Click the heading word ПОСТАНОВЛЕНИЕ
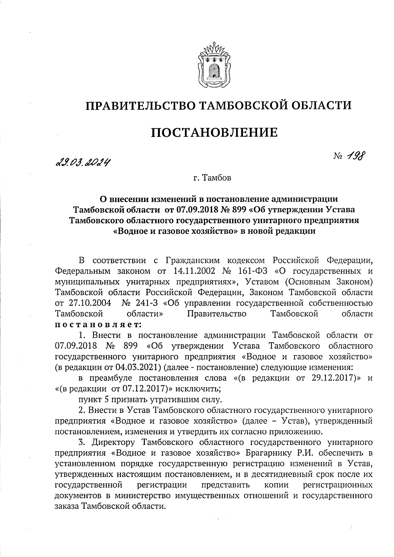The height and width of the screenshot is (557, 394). coord(214,133)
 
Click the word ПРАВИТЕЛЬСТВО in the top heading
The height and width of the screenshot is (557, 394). coord(140,105)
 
